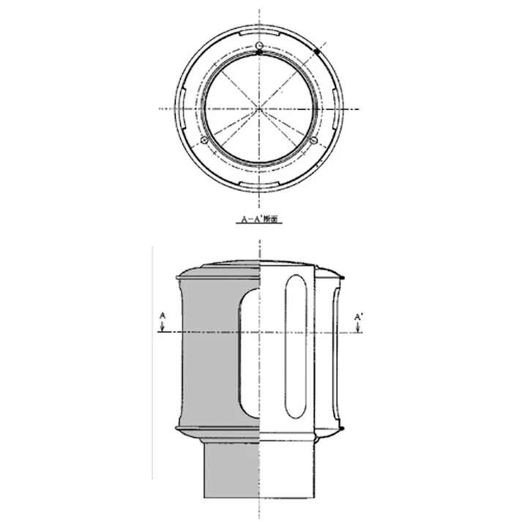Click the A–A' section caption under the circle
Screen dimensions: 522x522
[x=260, y=218]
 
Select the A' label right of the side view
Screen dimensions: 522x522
[x=358, y=316]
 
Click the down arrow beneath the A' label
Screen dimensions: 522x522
[x=357, y=328]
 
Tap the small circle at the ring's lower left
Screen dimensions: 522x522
[x=204, y=139]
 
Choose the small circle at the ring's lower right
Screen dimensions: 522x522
[x=314, y=139]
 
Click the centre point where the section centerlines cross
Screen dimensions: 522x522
[x=259, y=109]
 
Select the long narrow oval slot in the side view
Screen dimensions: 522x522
[x=294, y=346]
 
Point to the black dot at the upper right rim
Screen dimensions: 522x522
[x=341, y=277]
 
